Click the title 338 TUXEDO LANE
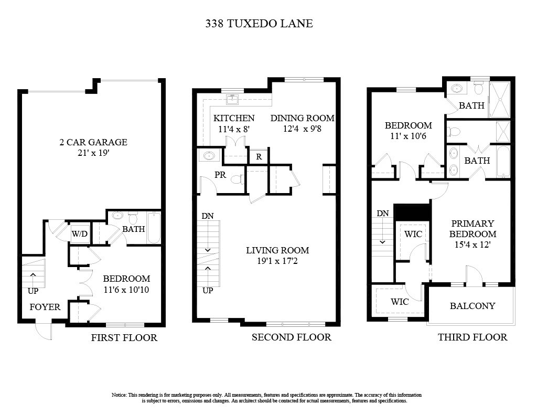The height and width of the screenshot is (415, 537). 259,24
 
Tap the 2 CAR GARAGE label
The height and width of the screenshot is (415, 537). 92,142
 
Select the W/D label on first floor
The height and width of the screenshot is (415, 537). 80,233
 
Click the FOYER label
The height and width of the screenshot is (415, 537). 45,307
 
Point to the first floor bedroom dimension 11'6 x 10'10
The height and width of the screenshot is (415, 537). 126,289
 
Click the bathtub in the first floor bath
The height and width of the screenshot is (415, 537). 154,228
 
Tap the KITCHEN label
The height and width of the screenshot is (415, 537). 234,119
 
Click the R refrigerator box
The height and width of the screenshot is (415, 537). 259,156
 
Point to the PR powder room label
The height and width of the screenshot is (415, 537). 220,175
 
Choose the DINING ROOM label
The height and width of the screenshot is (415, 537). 302,119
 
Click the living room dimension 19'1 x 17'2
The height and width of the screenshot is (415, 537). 277,261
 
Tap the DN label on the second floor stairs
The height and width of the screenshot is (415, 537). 207,216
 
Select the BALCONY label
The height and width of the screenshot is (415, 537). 472,306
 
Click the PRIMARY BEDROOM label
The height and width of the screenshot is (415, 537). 472,229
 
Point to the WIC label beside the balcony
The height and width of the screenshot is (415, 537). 400,302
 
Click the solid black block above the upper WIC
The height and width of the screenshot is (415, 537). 412,212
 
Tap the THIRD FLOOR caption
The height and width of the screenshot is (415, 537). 472,337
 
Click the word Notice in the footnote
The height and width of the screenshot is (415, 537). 119,395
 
